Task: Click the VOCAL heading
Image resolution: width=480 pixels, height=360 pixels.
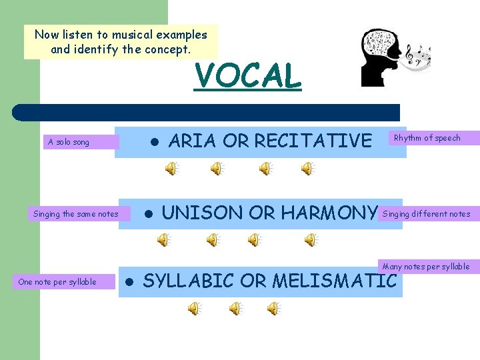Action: point(247,75)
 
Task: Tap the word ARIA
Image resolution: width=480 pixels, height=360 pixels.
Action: point(193,141)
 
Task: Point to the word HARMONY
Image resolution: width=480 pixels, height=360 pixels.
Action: point(329,213)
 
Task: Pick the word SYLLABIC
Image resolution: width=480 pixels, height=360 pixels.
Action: point(189,281)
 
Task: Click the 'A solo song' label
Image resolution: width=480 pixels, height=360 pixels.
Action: point(69,142)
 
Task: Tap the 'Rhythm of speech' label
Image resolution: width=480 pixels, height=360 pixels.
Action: point(427,138)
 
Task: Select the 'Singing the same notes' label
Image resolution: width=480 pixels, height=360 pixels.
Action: point(75,214)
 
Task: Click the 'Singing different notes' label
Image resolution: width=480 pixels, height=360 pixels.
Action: point(426,214)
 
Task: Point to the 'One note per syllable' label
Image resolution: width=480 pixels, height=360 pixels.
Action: point(57,282)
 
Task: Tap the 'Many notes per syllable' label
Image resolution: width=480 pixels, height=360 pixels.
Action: point(426,267)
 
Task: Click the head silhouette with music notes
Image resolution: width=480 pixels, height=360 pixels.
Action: point(382,58)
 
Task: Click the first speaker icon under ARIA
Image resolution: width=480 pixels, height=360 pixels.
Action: point(172,169)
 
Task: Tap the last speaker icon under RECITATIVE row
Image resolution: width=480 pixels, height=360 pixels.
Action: point(307,169)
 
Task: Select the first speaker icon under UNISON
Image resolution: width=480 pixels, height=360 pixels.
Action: point(163,239)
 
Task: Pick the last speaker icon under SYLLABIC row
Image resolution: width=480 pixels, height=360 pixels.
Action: point(273,308)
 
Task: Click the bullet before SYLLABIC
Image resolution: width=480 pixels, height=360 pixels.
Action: point(130,282)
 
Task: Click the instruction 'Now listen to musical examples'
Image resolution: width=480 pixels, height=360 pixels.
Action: point(121,35)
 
